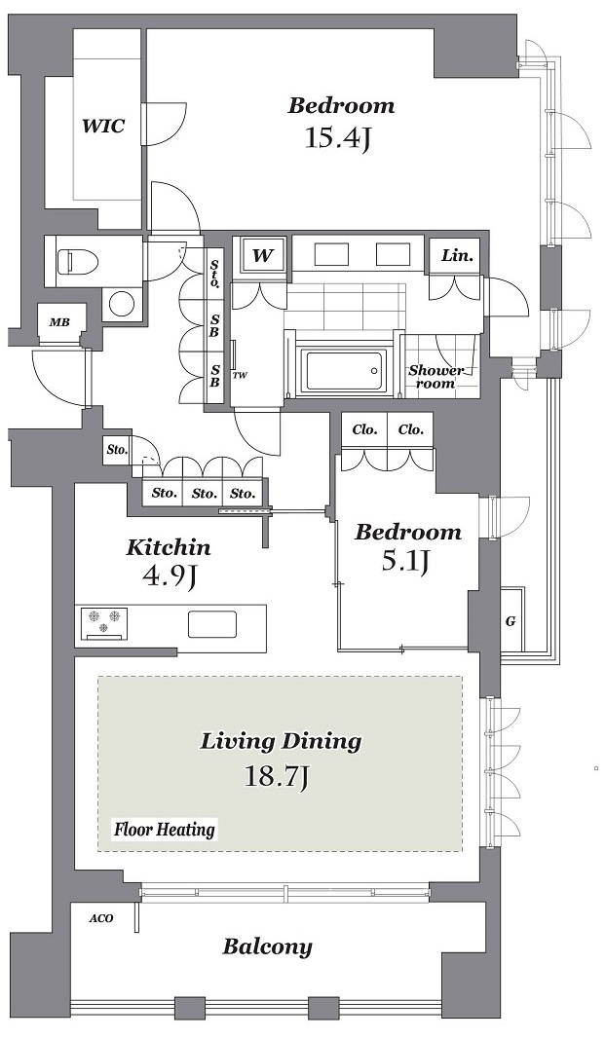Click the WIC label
click(102, 126)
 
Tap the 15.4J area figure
click(336, 138)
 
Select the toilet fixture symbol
click(77, 260)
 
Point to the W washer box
click(263, 255)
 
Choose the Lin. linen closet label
click(458, 255)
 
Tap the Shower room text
click(436, 377)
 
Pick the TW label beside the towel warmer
click(240, 376)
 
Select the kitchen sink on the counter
click(212, 624)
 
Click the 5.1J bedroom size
click(405, 561)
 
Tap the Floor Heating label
click(165, 829)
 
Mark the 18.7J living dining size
click(276, 776)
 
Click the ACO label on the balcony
click(102, 918)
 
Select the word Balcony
click(267, 946)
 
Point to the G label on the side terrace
click(511, 621)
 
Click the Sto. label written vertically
click(214, 273)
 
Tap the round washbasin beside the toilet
click(122, 306)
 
